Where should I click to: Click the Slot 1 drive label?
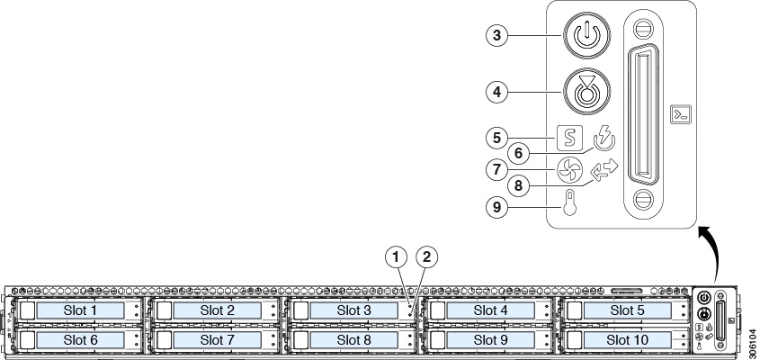81,310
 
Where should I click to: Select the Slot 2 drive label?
218,310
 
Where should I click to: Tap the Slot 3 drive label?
354,310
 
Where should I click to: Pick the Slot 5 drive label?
627,310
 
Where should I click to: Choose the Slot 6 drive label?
81,339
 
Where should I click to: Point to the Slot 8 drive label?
354,339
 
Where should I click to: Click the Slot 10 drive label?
627,339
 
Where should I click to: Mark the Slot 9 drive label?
491,339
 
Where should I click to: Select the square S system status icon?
568,139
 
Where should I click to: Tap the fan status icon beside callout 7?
568,169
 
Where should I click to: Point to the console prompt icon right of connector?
681,114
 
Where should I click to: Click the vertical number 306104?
751,332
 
